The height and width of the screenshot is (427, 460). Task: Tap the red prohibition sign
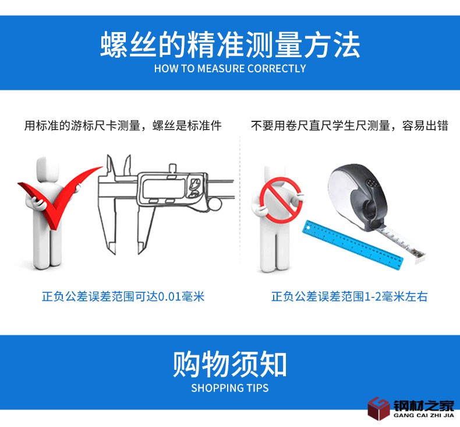[x=281, y=200]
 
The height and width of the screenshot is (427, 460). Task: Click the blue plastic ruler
[x=353, y=245]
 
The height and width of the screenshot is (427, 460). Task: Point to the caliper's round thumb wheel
[x=215, y=204]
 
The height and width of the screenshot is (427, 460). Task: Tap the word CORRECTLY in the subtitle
[x=277, y=69]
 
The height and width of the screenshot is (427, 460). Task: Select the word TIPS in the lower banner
[x=257, y=388]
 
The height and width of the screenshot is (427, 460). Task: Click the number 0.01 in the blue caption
[x=169, y=296]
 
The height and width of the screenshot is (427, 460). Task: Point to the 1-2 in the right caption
[x=372, y=296]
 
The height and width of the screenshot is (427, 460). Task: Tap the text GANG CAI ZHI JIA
[x=424, y=415]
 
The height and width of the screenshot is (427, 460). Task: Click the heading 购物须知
[x=229, y=364]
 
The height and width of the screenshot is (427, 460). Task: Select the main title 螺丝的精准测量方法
[x=230, y=45]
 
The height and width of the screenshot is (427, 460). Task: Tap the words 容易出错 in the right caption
[x=425, y=125]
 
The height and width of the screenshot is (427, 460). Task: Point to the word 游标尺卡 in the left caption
[x=94, y=125]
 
